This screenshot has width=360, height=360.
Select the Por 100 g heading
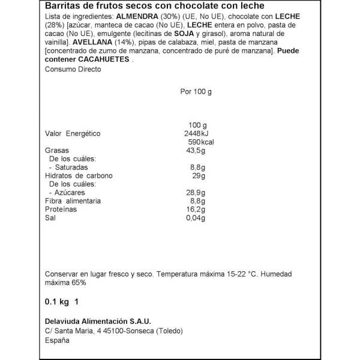[x=196, y=92]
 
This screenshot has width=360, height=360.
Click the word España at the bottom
[x=58, y=340]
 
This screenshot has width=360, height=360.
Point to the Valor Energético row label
[x=73, y=133]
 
